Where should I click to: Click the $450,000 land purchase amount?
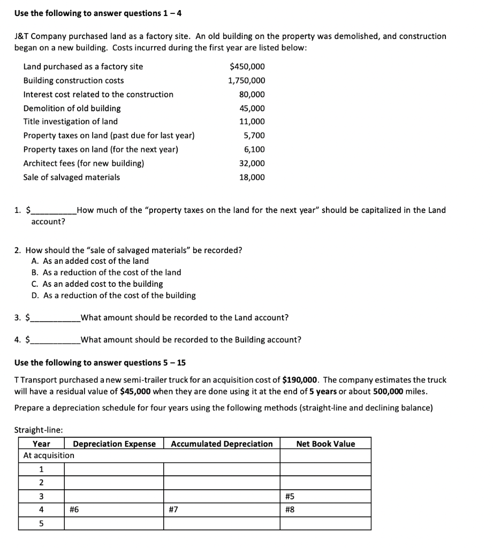tap(247, 66)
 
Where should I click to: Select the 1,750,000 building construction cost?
tap(246, 80)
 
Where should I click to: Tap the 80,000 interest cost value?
tap(252, 94)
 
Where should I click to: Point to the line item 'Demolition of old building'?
tap(72, 108)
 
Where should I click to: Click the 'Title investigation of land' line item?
tap(70, 121)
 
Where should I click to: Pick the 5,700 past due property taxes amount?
tap(254, 136)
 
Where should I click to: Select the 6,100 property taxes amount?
tap(254, 149)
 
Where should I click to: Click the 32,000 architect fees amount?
tap(252, 163)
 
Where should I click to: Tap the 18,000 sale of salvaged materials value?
tap(252, 177)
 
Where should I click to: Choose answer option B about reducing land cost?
tap(107, 272)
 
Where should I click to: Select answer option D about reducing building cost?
tap(113, 295)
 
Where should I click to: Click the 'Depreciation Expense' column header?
tap(114, 444)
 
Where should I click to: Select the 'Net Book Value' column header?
tap(325, 444)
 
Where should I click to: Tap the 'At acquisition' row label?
tap(49, 455)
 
